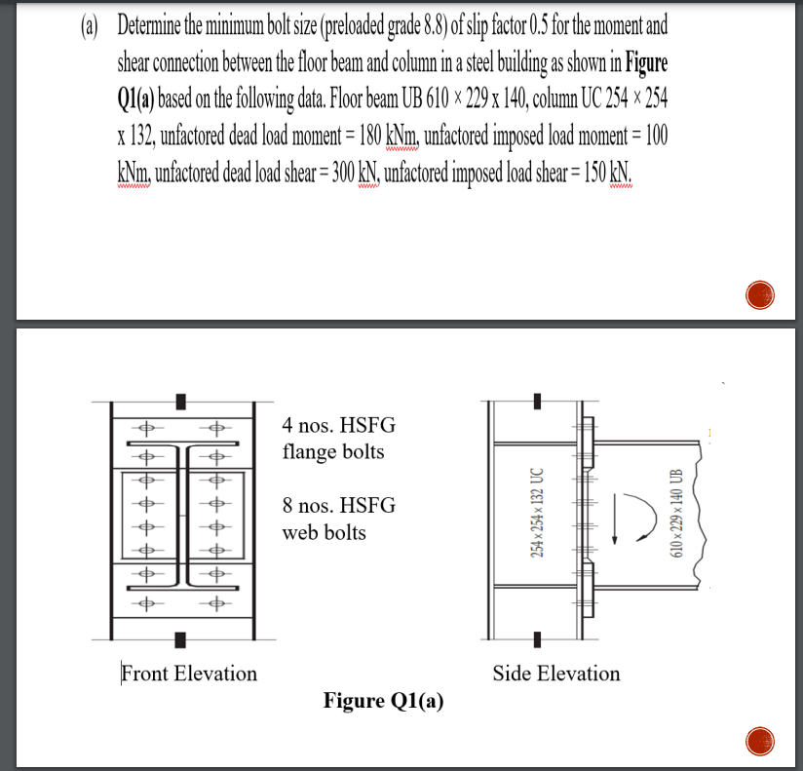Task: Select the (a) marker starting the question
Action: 93,24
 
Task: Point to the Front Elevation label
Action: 189,674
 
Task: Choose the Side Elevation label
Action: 555,674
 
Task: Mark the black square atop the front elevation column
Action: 179,402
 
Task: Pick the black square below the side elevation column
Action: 534,640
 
